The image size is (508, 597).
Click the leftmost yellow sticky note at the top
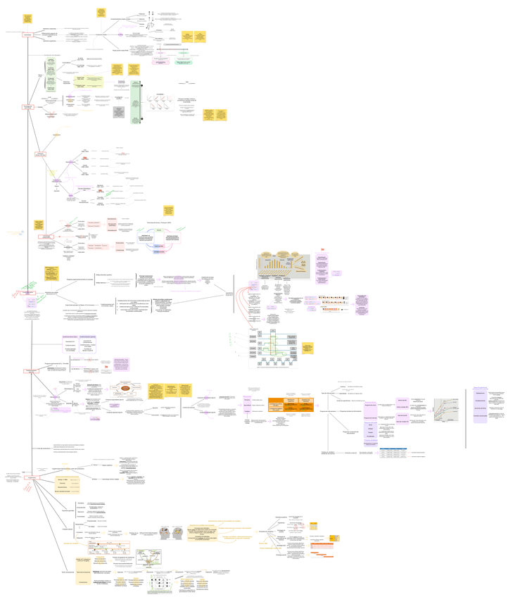(27, 18)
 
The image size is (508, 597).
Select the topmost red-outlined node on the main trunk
(27, 34)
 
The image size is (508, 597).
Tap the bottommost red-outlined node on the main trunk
(30, 477)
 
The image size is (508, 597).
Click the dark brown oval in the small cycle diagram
(125, 387)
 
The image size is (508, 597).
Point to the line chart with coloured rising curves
(445, 410)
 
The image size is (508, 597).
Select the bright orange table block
(291, 403)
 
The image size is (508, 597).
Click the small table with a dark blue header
(391, 454)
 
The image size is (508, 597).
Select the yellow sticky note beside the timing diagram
(307, 348)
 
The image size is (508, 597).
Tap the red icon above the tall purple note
(322, 249)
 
